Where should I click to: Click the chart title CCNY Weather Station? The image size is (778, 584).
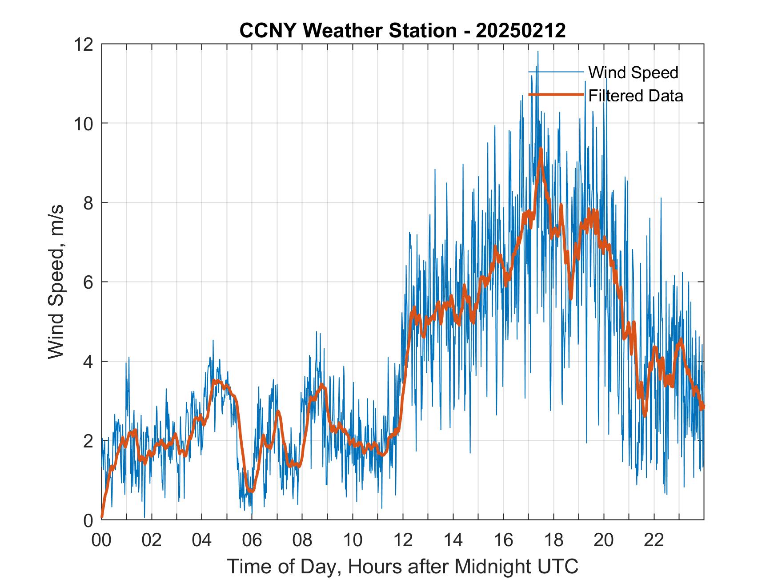(402, 31)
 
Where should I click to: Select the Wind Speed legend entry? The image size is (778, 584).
(633, 72)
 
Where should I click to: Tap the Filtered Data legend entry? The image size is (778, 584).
(635, 96)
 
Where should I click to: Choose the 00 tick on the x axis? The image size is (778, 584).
(101, 540)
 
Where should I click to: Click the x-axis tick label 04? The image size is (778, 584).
(202, 540)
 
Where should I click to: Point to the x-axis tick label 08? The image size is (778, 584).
(302, 540)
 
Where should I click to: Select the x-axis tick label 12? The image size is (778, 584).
(403, 540)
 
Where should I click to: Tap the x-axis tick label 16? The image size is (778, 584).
(503, 540)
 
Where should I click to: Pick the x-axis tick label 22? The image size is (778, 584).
(654, 540)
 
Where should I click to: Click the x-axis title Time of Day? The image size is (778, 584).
(402, 567)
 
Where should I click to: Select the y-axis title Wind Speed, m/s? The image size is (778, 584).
(56, 282)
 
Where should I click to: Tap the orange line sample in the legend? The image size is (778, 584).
(556, 95)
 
